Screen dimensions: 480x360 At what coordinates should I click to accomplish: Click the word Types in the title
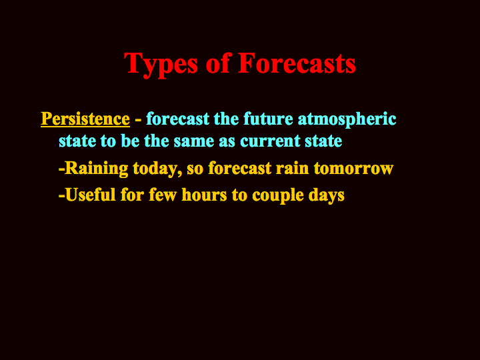161,64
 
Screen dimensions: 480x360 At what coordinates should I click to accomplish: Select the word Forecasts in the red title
297,63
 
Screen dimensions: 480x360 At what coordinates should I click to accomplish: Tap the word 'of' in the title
217,63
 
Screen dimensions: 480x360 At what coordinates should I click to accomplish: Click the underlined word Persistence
85,119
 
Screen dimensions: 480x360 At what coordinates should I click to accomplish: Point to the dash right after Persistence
138,120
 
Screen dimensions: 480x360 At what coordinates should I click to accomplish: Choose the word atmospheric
347,120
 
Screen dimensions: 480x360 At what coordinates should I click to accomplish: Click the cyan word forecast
177,119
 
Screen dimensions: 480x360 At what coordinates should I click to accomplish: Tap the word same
194,142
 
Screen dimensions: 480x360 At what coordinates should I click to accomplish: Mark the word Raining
97,169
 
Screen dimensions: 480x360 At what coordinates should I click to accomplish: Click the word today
157,169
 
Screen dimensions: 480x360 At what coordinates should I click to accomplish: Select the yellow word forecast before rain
240,168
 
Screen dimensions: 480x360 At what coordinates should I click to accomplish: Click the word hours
204,195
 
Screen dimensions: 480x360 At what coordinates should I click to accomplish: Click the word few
163,195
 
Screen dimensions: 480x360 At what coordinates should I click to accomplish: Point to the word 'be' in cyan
130,141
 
